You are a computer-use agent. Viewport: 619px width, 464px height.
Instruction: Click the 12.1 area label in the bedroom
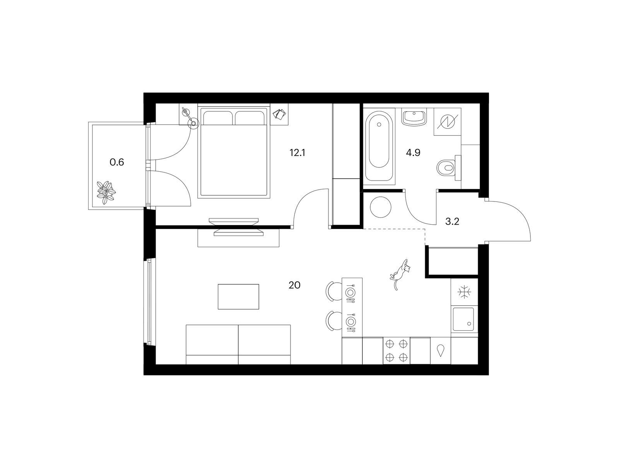point(297,153)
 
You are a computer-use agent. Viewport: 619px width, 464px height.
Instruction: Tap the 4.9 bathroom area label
point(413,153)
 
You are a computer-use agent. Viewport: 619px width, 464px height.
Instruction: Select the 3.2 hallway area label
point(452,222)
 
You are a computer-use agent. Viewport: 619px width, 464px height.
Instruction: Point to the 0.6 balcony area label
point(116,162)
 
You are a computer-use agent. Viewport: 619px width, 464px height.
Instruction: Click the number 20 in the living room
point(294,285)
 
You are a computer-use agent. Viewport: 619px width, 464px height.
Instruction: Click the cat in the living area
point(400,274)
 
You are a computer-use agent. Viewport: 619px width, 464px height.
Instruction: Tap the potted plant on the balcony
point(106,193)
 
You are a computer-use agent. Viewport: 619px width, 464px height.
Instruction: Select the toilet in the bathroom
point(449,168)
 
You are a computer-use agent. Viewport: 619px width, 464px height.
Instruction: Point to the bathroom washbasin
point(414,118)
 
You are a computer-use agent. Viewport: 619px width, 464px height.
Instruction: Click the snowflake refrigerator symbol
point(464,292)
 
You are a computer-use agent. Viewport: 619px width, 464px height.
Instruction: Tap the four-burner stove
point(396,351)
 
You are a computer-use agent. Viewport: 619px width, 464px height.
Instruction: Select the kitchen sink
point(463,319)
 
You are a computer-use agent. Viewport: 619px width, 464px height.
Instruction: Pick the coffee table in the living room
point(238,297)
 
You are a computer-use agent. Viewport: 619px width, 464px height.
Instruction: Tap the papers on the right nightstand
point(279,114)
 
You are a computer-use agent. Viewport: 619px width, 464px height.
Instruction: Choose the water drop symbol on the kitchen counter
point(440,351)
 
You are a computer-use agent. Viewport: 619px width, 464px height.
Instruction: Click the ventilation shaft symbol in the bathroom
point(448,122)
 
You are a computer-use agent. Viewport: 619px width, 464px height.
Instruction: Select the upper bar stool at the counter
point(333,291)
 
